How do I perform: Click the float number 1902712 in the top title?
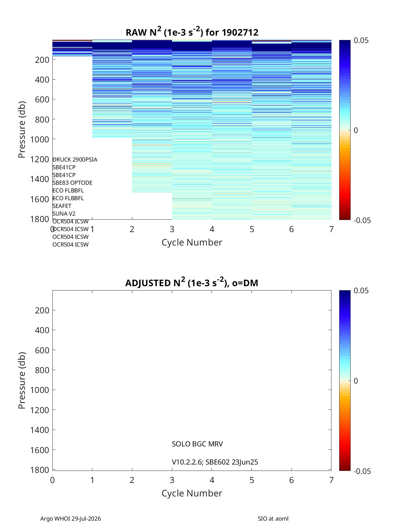coord(240,33)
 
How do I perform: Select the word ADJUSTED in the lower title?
coord(148,283)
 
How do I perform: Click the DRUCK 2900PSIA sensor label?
coord(75,160)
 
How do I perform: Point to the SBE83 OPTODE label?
coord(72,183)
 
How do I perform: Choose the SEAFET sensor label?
coord(62,206)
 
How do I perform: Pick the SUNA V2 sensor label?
coord(64,214)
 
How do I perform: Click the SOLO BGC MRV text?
coord(197,444)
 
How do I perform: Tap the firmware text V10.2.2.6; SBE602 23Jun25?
coord(215,462)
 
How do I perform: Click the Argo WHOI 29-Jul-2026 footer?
coord(71,519)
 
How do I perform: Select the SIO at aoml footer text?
coord(273,519)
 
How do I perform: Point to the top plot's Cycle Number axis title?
coord(192,243)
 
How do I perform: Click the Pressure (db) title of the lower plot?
coord(22,380)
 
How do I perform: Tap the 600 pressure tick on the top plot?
coord(42,99)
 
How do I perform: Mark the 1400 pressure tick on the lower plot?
coord(40,430)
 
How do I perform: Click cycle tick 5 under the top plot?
coord(252,229)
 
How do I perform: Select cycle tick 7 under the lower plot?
coord(331,480)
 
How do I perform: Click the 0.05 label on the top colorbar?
coord(361,40)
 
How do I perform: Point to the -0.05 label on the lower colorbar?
coord(362,471)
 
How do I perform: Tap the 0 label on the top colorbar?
coord(356,130)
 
